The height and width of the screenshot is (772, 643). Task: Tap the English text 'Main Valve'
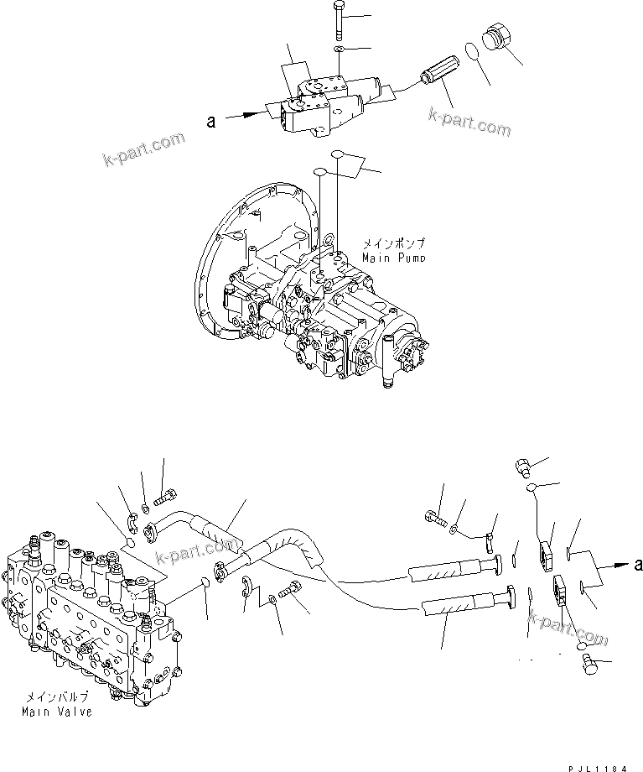[59, 712]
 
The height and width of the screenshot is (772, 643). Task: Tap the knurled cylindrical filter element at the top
[441, 81]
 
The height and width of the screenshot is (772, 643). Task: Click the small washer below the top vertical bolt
[337, 51]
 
